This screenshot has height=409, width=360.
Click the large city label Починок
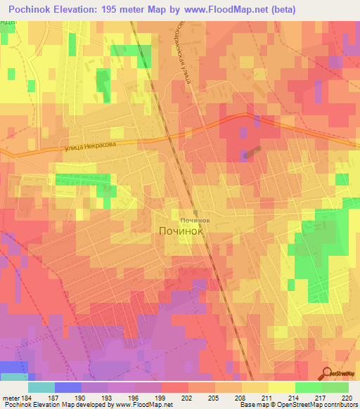click(181, 231)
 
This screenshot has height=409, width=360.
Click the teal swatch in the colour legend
click(41, 387)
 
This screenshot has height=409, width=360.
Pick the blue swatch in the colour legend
click(67, 387)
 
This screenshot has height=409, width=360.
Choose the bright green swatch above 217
click(308, 387)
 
